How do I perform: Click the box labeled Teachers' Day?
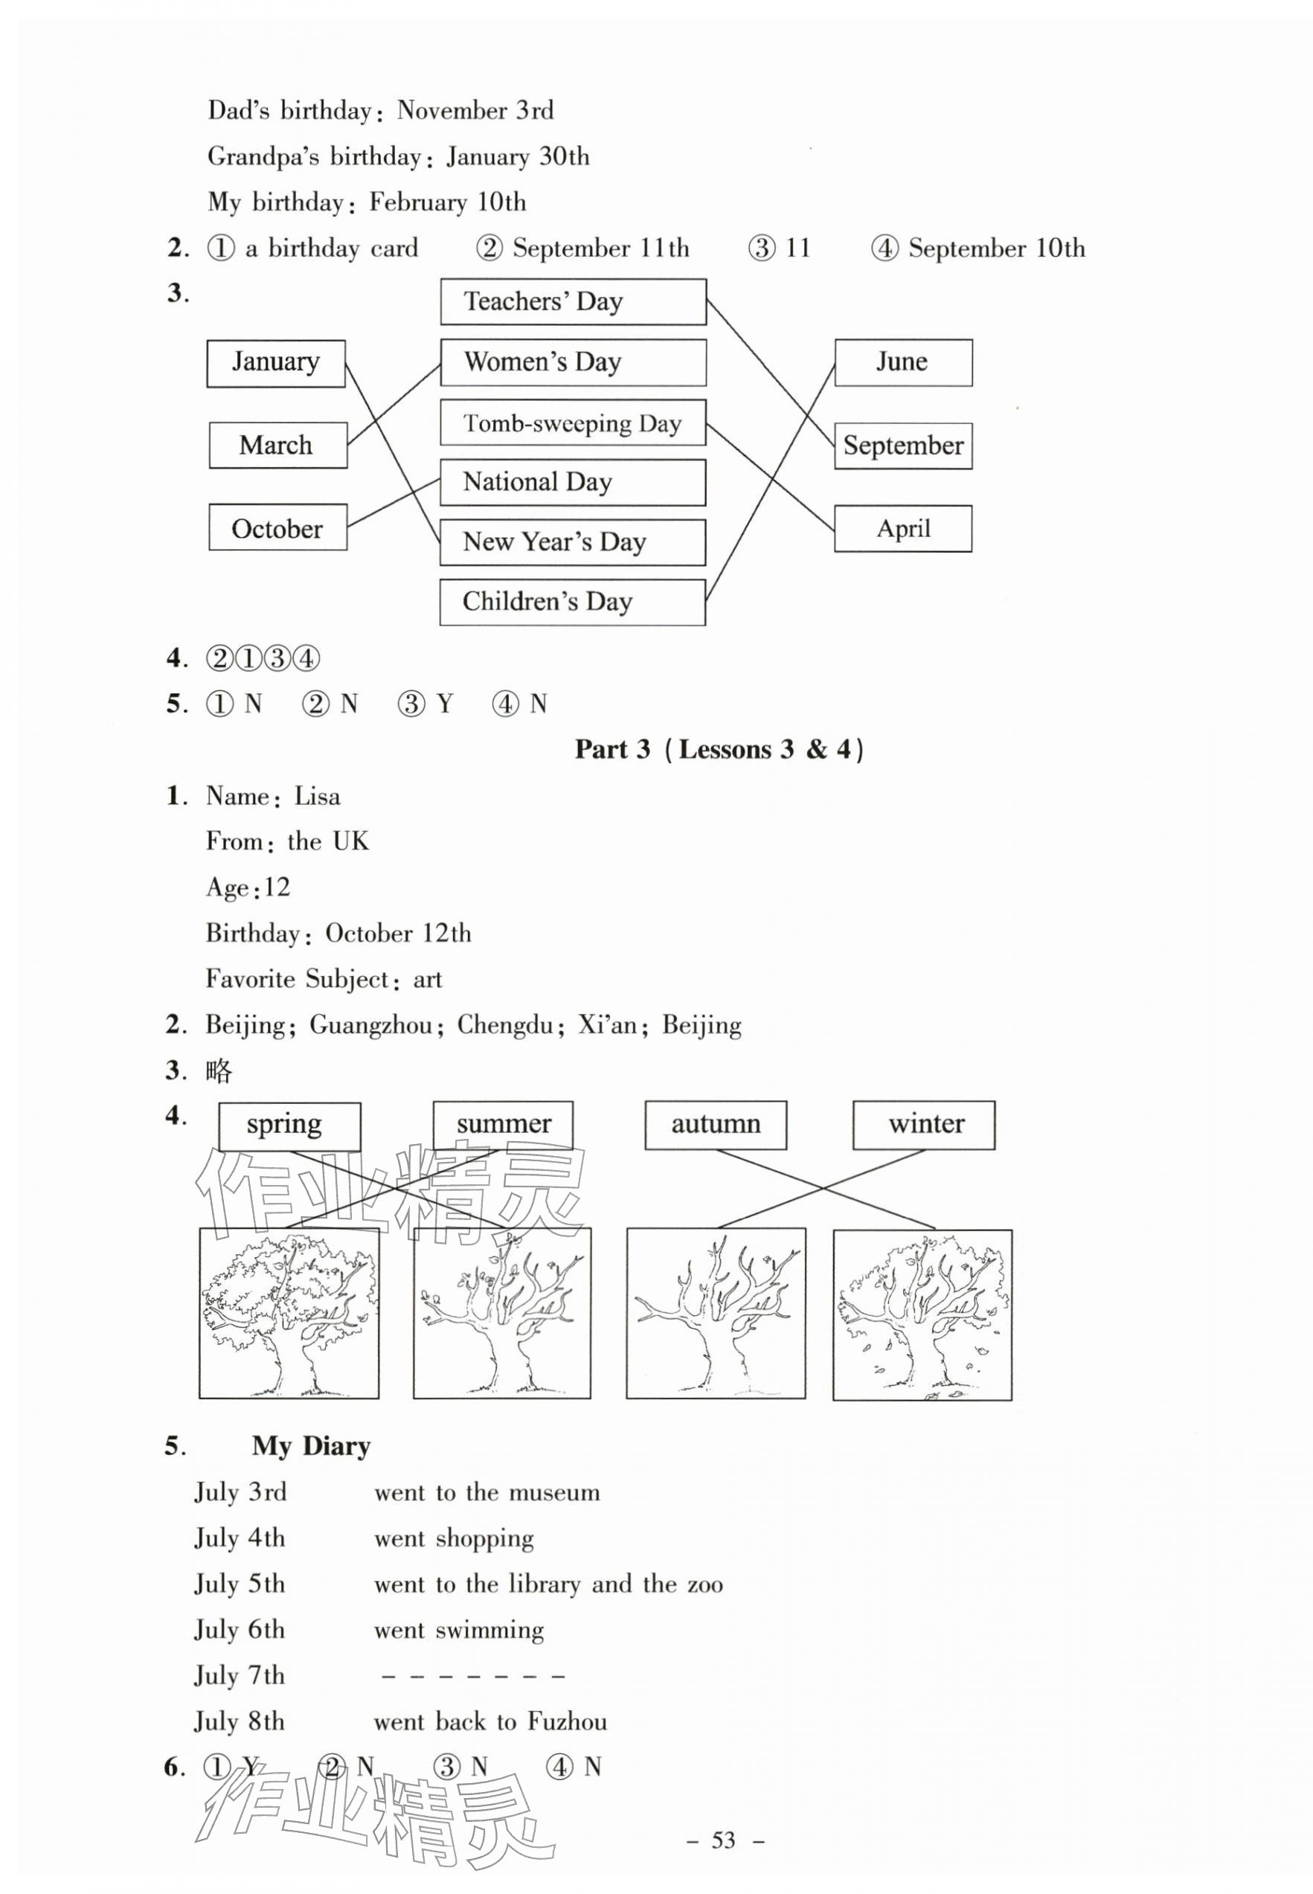(573, 301)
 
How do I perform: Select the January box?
(275, 362)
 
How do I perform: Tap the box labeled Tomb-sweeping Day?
(573, 423)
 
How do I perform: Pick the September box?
(902, 446)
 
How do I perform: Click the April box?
(902, 528)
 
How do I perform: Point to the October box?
(277, 528)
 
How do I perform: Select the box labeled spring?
(289, 1126)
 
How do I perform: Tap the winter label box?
(923, 1125)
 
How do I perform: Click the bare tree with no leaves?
(716, 1313)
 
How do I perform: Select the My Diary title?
(311, 1445)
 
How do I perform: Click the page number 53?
(723, 1840)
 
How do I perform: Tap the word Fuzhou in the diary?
(567, 1721)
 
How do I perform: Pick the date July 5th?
(240, 1584)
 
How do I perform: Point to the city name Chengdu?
(505, 1025)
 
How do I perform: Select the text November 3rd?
(475, 111)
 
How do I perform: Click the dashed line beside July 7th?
(473, 1676)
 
